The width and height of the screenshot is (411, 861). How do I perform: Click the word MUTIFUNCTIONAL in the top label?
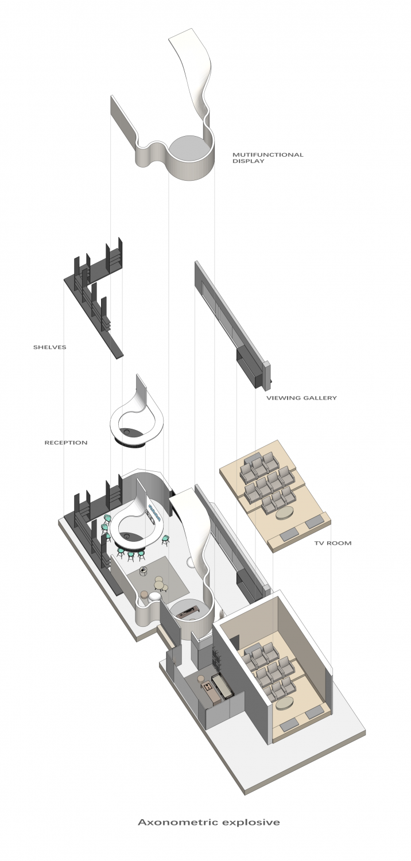pyautogui.click(x=267, y=154)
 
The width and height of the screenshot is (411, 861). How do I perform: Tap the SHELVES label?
pyautogui.click(x=49, y=347)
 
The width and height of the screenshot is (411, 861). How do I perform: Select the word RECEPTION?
pyautogui.click(x=66, y=443)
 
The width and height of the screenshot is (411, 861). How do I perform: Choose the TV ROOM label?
pyautogui.click(x=333, y=543)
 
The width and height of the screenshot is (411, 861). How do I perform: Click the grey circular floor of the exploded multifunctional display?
pyautogui.click(x=189, y=146)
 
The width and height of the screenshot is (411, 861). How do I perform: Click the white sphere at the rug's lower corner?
pyautogui.click(x=154, y=598)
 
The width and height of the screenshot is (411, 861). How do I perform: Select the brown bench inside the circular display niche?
pyautogui.click(x=188, y=611)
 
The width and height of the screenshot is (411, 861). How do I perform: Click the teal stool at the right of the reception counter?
pyautogui.click(x=165, y=540)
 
